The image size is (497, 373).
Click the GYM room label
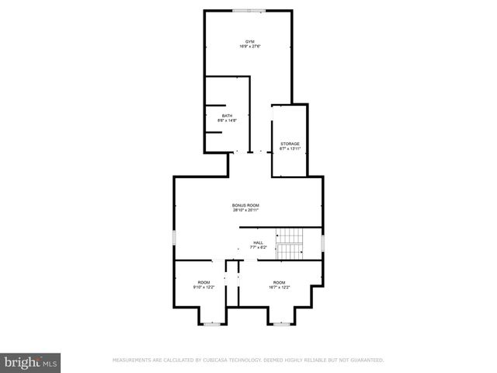pos(249,41)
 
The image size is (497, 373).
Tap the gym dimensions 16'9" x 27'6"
pos(249,47)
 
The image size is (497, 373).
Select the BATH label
pos(227,116)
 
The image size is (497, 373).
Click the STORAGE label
pos(290,144)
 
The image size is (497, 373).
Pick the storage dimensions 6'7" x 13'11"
pos(290,149)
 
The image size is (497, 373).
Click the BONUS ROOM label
pos(245,205)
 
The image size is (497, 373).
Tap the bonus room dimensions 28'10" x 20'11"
pos(245,211)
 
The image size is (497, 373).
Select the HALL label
pos(258,242)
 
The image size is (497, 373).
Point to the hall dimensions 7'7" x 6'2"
pos(258,247)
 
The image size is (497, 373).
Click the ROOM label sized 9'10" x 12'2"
pos(203,282)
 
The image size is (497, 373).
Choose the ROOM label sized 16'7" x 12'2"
pos(279,282)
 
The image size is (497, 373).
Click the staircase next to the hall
pos(290,243)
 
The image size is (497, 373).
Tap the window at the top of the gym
pos(249,10)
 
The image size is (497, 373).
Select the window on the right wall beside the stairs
pos(322,243)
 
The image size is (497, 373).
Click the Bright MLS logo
pos(31,362)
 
